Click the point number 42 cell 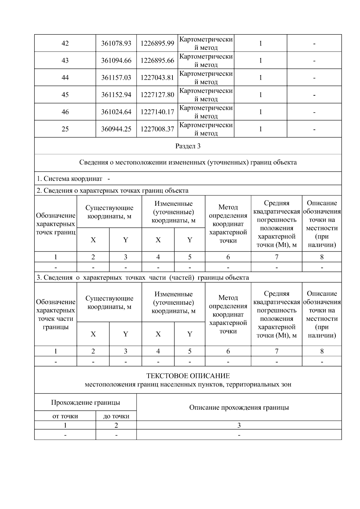point(65,43)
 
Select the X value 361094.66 point(116,60)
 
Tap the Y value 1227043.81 point(157,77)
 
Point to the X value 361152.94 point(116,94)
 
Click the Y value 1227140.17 point(157,112)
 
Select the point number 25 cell point(65,129)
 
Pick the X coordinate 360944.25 point(116,129)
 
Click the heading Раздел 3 point(188,146)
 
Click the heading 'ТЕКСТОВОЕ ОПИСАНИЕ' point(188,376)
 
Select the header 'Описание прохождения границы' point(239,407)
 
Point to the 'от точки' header point(65,416)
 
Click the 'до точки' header point(116,416)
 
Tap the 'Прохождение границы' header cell point(85,402)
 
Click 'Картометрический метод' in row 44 point(206,77)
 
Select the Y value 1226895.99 point(157,43)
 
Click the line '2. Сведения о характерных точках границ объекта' point(112,190)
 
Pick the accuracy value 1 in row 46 point(260,112)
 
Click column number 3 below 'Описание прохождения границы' point(239,425)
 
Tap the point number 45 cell point(65,94)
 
